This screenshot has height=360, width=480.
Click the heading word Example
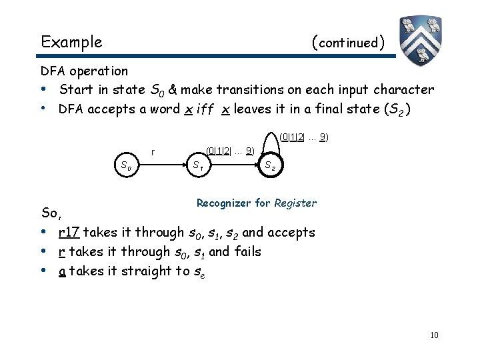(71, 43)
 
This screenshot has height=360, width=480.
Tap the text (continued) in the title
(348, 43)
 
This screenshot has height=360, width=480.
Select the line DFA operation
(84, 71)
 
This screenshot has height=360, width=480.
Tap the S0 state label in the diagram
(125, 165)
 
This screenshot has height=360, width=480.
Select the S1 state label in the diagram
(198, 165)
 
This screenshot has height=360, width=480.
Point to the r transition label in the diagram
(154, 151)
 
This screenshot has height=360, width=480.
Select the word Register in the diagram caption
(295, 203)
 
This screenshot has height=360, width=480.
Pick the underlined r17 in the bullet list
(69, 233)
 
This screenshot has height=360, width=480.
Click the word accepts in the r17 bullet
(289, 233)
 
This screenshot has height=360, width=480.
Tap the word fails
(246, 252)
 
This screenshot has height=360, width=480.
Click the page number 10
(434, 335)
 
